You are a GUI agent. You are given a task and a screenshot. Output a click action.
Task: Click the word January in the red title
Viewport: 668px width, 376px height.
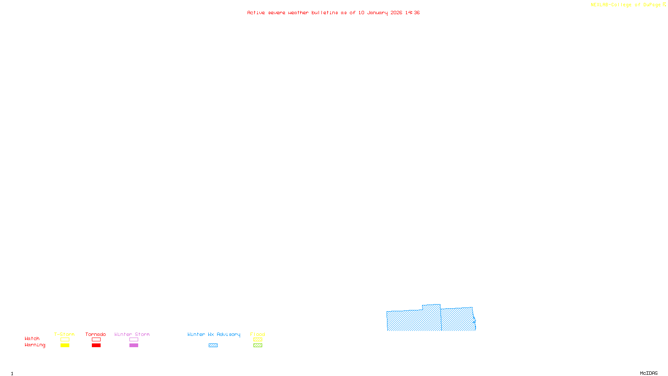tap(377, 13)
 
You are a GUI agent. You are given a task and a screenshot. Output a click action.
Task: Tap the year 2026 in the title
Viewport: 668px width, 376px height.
tap(396, 13)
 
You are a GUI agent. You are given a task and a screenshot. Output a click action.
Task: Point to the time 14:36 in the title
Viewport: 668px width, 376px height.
tap(412, 13)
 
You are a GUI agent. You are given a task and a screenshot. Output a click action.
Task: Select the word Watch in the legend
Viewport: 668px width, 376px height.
tap(32, 338)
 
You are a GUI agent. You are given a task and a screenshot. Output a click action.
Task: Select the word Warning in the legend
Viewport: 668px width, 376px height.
tap(35, 345)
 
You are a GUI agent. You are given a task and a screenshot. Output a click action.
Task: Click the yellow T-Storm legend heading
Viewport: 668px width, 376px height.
tap(64, 334)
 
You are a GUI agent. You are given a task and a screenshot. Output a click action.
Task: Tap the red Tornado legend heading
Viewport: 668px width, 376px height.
tap(96, 334)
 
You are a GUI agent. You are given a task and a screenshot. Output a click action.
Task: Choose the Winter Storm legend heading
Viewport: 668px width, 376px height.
tap(132, 334)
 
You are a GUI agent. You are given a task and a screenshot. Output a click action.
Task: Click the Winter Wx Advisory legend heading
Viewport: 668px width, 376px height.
tap(214, 334)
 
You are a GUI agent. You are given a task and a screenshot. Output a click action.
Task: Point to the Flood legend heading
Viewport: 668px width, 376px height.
tap(258, 334)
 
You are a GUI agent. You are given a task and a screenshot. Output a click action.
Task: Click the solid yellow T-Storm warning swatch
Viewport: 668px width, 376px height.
tap(65, 346)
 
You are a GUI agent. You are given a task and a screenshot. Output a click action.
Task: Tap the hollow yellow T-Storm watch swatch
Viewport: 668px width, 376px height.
tap(65, 340)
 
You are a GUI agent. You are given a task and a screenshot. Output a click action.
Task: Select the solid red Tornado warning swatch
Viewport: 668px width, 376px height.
tap(96, 346)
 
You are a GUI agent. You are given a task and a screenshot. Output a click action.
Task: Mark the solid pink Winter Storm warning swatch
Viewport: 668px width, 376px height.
tap(134, 346)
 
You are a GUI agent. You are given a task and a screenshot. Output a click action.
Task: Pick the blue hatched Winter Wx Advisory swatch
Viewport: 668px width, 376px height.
tap(213, 346)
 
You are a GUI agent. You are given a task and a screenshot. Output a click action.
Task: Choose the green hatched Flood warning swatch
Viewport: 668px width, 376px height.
tap(258, 346)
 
